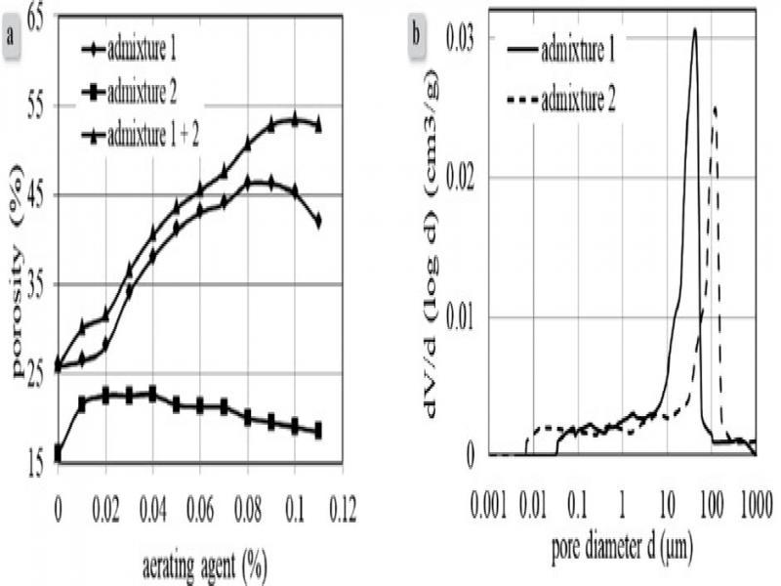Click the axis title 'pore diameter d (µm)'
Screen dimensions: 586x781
622,547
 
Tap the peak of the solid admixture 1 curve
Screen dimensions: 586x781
694,29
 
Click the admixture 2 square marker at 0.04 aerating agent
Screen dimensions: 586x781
152,394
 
